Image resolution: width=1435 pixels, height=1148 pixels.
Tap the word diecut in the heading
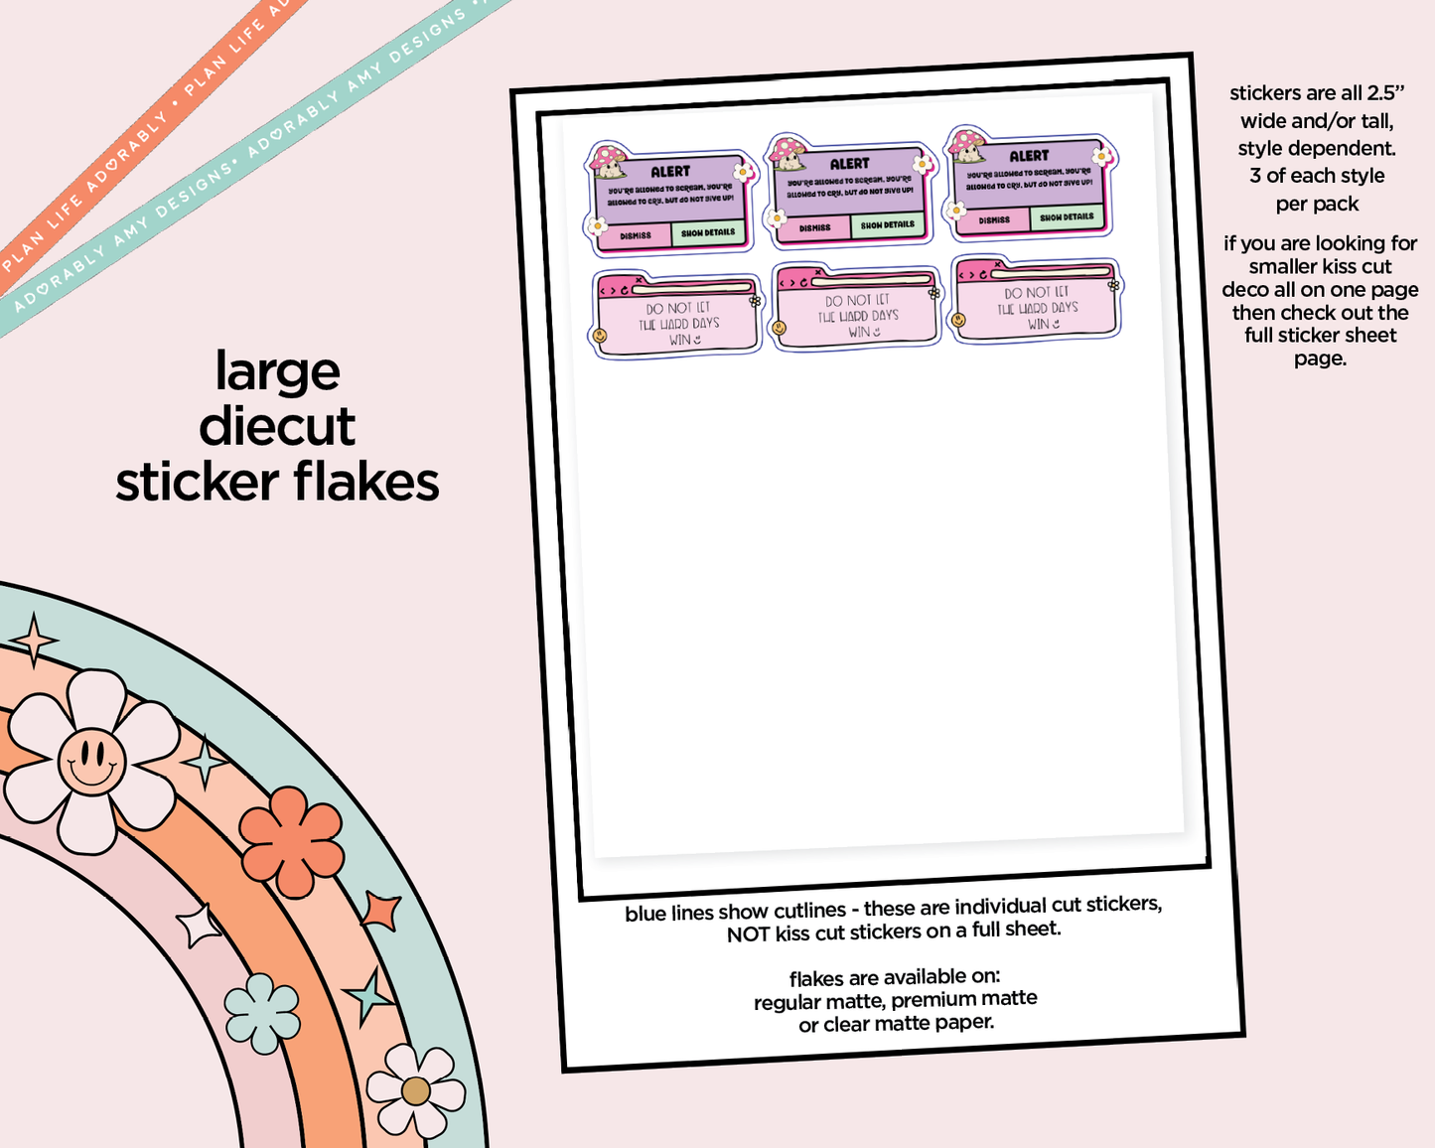277,427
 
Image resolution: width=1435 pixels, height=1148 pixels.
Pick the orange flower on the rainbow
292,840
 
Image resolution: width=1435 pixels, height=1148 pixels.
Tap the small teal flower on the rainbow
262,1012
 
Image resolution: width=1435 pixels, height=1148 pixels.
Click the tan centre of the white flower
416,1090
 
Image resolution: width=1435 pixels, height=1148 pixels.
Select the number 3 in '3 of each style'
1255,176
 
